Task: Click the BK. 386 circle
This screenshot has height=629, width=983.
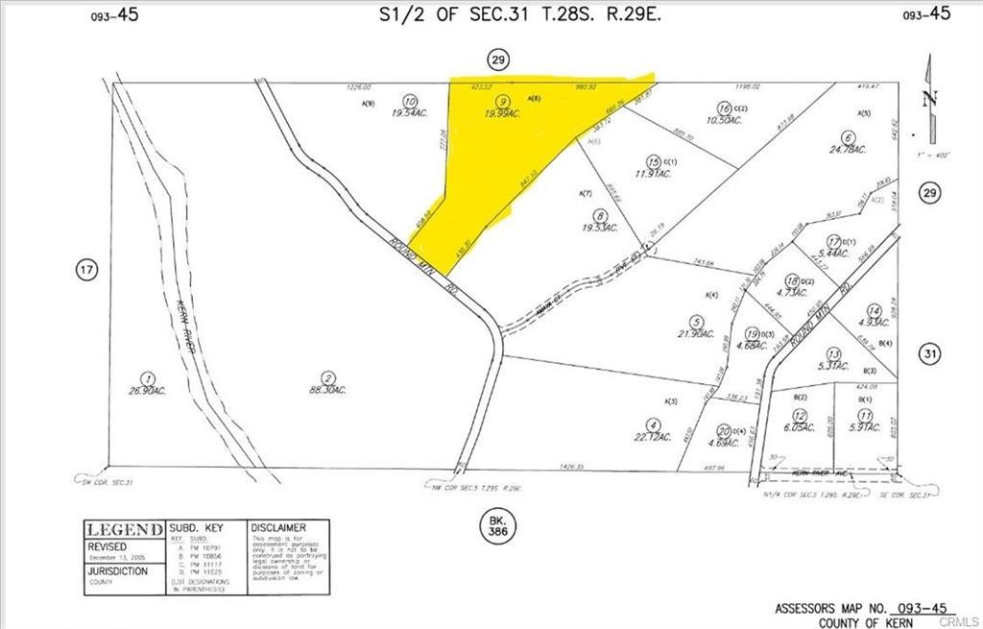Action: click(x=491, y=523)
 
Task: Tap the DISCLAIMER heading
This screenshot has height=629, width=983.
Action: click(x=278, y=528)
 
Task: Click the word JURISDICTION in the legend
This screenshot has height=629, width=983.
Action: click(x=118, y=570)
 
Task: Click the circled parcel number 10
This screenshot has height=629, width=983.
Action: click(x=410, y=100)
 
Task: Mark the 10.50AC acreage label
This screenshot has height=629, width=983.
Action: click(x=725, y=121)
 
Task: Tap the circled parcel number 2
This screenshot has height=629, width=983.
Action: click(x=328, y=377)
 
